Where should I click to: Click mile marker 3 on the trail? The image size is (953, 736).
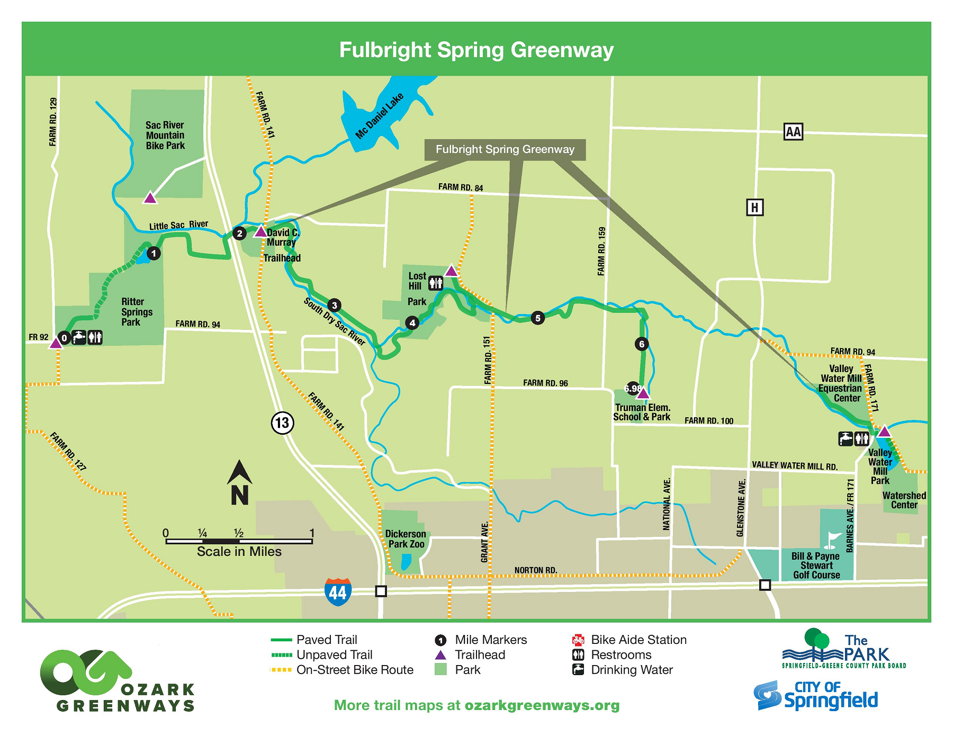click(x=334, y=306)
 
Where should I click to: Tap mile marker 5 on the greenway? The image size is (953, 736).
click(x=538, y=318)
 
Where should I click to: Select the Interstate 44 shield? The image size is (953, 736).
click(x=338, y=592)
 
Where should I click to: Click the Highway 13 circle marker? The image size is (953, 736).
click(x=282, y=423)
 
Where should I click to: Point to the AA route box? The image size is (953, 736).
click(x=793, y=132)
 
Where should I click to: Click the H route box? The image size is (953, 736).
click(x=754, y=207)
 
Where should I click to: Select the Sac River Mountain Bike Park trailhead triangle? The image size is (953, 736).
click(x=150, y=198)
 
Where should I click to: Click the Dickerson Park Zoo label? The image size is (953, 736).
click(x=406, y=539)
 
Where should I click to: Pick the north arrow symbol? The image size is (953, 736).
click(x=239, y=482)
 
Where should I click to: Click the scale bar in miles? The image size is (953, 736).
click(x=239, y=541)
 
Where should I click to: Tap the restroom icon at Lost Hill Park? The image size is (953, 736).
click(x=435, y=283)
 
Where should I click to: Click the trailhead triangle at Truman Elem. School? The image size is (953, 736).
click(x=643, y=393)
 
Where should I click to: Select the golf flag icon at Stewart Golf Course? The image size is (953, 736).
click(x=832, y=540)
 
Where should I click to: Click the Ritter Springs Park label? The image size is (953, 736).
click(x=136, y=312)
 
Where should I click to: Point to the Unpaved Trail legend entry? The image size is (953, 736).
click(x=335, y=655)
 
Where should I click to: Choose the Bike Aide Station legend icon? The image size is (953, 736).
click(x=578, y=640)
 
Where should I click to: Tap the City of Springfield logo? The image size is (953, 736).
click(x=815, y=695)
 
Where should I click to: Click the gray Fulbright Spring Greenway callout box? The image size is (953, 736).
click(x=505, y=149)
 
